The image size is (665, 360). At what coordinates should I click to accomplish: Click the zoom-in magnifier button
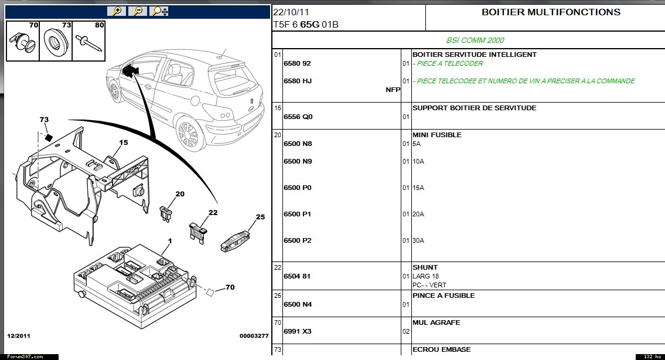[117, 11]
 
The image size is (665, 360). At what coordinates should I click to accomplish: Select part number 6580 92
[297, 63]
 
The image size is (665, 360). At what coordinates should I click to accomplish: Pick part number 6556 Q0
[298, 117]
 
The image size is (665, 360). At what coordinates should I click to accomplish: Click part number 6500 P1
[297, 214]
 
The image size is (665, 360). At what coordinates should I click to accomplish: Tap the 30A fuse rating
[418, 240]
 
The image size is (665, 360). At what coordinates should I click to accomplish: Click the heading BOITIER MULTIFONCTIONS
[551, 12]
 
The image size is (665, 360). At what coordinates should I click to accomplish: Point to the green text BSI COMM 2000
[475, 40]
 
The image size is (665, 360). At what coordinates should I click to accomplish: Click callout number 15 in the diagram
[124, 142]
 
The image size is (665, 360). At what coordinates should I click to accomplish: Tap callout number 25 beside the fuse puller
[260, 217]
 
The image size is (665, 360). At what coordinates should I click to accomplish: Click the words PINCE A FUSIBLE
[444, 296]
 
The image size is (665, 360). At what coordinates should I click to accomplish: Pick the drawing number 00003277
[254, 336]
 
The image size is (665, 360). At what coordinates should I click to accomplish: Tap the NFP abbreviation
[393, 90]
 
